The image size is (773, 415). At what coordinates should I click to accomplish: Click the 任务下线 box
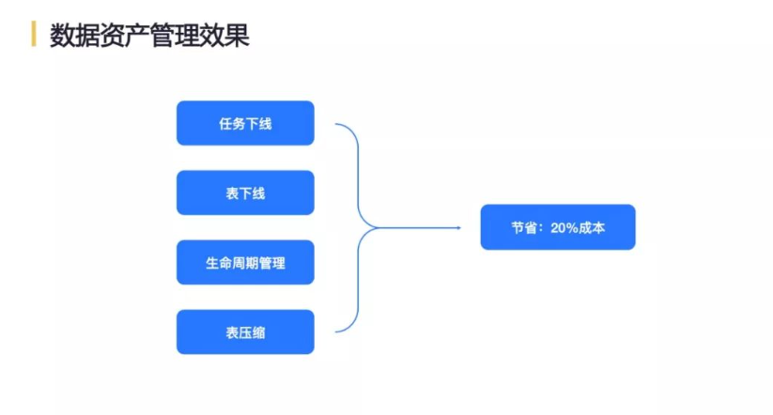click(245, 123)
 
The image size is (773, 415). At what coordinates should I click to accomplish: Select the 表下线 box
click(245, 192)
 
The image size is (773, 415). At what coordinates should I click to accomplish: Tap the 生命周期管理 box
click(245, 262)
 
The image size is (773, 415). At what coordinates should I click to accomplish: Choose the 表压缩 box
click(245, 331)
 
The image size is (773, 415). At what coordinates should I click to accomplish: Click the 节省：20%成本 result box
click(558, 227)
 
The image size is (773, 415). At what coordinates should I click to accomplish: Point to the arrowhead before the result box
click(458, 228)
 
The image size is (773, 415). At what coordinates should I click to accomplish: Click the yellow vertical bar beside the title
click(34, 34)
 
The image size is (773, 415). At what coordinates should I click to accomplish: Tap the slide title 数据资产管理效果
click(149, 36)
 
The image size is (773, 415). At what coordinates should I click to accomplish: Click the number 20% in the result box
click(564, 228)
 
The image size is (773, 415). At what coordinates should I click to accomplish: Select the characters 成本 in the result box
click(592, 228)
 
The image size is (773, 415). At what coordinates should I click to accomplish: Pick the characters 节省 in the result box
click(524, 228)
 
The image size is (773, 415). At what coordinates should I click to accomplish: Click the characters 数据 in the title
click(74, 36)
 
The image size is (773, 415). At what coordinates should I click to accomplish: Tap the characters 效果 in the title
click(224, 36)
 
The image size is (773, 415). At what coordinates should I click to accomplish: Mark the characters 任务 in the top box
click(232, 124)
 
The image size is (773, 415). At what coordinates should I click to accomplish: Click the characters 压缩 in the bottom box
click(252, 332)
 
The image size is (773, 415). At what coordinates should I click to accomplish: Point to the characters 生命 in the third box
click(219, 263)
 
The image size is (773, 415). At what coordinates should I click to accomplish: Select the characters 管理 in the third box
click(272, 263)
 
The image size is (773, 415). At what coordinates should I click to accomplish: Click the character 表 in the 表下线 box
click(232, 193)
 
